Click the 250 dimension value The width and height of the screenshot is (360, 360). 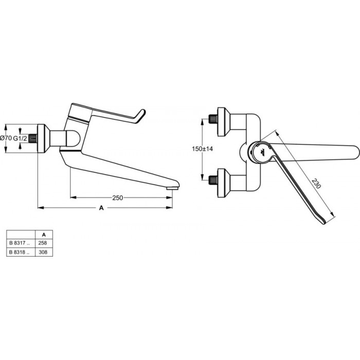tap(118, 197)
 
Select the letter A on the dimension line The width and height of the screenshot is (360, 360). tap(101, 208)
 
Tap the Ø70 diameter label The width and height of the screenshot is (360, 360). tap(6, 138)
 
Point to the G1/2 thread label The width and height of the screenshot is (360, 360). tap(20, 138)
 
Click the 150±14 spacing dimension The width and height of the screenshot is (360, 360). tap(202, 149)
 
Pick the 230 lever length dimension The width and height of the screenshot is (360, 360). tap(316, 184)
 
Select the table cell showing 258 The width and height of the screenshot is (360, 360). tap(43, 243)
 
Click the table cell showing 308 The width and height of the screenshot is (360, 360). tap(43, 252)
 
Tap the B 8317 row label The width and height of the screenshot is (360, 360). tap(20, 243)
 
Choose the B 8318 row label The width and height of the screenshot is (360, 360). tap(20, 252)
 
